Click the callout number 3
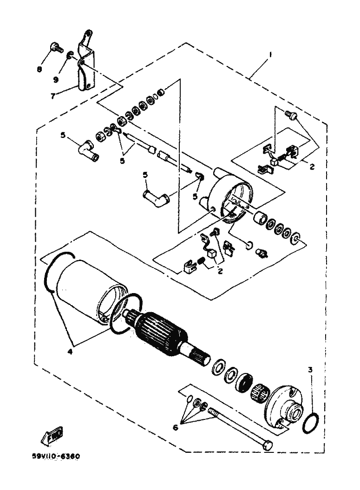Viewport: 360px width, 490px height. point(310,370)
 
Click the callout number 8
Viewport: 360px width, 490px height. point(39,69)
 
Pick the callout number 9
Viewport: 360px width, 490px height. point(56,79)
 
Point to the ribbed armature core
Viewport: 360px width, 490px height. point(160,330)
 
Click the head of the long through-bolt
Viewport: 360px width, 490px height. point(268,445)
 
